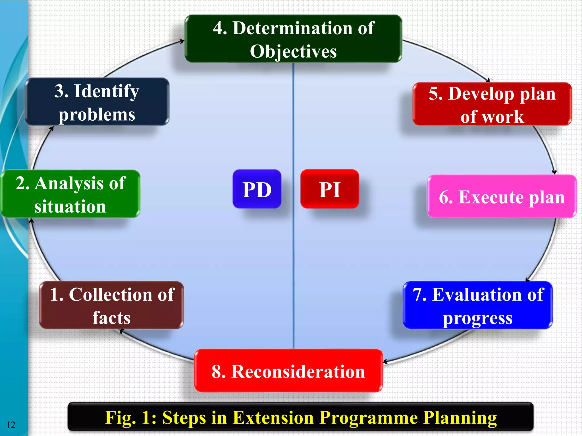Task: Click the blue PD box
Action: [x=257, y=189]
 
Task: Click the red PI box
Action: [x=330, y=189]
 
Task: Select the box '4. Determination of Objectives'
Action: [x=293, y=39]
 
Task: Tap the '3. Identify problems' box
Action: [x=97, y=102]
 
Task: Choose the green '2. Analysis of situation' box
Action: [x=70, y=194]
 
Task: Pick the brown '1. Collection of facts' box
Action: [x=111, y=305]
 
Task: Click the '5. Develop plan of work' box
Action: [x=492, y=104]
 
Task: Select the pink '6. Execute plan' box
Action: [x=502, y=196]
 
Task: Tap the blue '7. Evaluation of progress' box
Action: [x=478, y=305]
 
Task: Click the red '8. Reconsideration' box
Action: [x=288, y=371]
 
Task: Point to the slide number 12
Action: [x=11, y=425]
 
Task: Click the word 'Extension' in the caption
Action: [x=274, y=418]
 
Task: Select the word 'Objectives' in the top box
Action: [x=293, y=51]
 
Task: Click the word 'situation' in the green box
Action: [x=70, y=206]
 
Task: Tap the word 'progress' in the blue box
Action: [x=478, y=318]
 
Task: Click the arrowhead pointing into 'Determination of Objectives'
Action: [x=182, y=41]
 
